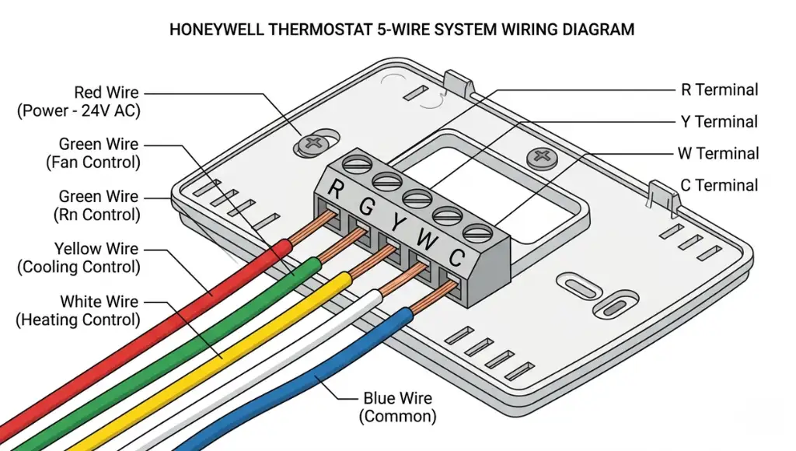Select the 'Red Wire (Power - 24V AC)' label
pyautogui.click(x=78, y=102)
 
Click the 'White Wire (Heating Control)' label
pyautogui.click(x=79, y=310)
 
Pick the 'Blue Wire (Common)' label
pyautogui.click(x=398, y=407)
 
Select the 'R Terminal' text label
pyautogui.click(x=719, y=89)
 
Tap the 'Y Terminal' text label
pyautogui.click(x=719, y=121)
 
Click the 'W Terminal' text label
pyautogui.click(x=718, y=153)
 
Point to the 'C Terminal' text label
pyautogui.click(x=719, y=185)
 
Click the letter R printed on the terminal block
pyautogui.click(x=336, y=188)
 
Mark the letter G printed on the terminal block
pyautogui.click(x=366, y=207)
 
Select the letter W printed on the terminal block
pyautogui.click(x=425, y=239)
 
